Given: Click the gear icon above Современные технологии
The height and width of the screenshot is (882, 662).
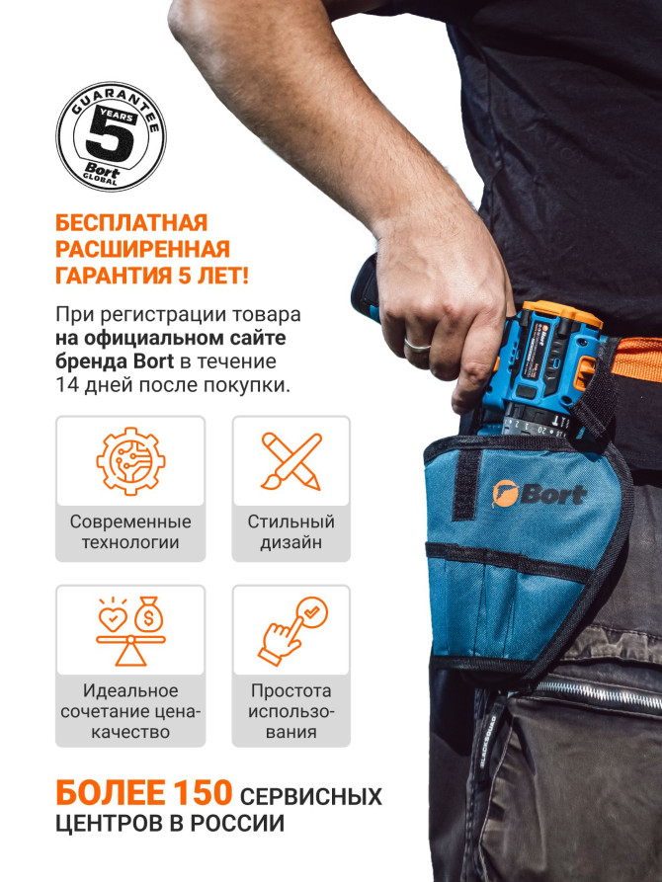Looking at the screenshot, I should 130,461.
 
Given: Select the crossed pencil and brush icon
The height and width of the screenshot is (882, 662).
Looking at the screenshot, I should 290,461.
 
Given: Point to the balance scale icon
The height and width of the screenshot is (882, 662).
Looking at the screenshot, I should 130,631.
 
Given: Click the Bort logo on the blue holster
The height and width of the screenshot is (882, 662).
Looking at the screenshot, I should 538,493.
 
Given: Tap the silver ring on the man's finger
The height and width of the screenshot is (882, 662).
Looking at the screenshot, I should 417,344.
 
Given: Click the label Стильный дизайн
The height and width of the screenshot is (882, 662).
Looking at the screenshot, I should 290,531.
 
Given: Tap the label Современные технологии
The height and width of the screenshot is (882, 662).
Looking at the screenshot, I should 130,531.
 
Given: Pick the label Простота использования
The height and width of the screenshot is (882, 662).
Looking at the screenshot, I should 290,711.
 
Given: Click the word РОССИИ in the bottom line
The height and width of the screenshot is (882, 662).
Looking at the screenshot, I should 243,823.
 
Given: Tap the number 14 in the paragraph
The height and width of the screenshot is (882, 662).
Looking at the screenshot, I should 68,384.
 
